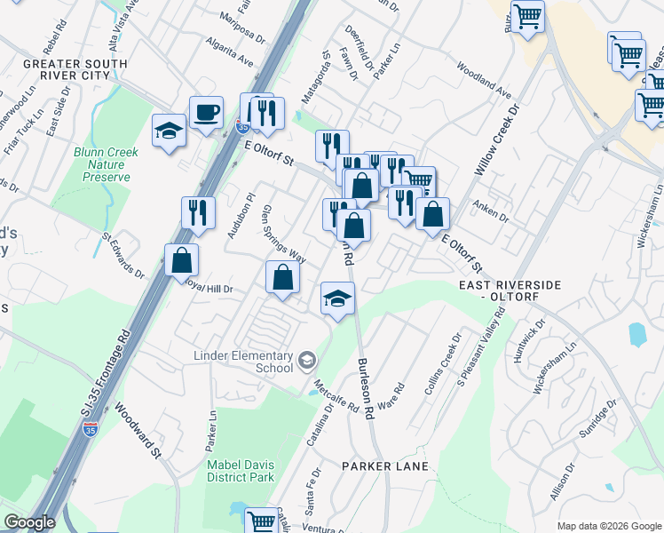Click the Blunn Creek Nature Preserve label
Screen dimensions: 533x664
pyautogui.click(x=107, y=164)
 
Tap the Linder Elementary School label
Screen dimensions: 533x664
pyautogui.click(x=243, y=362)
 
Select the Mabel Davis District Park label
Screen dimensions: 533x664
pyautogui.click(x=241, y=471)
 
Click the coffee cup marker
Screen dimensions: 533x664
pyautogui.click(x=207, y=114)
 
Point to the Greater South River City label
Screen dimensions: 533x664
pyautogui.click(x=75, y=70)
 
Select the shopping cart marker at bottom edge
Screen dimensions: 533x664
pyautogui.click(x=261, y=521)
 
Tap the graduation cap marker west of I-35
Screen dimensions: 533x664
pyautogui.click(x=169, y=131)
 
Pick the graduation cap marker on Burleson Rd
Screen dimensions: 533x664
pyautogui.click(x=337, y=298)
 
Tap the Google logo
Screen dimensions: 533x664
pyautogui.click(x=28, y=523)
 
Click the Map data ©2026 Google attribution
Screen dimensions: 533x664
pyautogui.click(x=608, y=526)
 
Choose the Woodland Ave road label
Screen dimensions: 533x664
pyautogui.click(x=485, y=80)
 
